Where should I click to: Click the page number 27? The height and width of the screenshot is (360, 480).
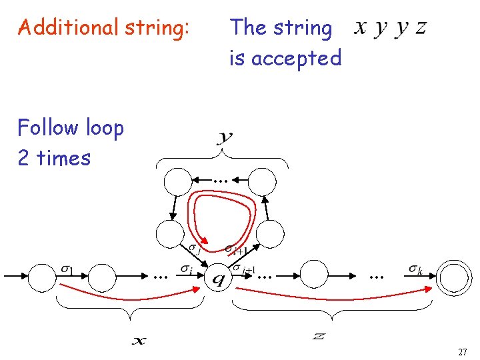(x=462, y=351)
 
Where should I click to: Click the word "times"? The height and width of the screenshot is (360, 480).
(x=64, y=158)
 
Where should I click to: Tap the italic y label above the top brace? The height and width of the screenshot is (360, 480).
(x=225, y=138)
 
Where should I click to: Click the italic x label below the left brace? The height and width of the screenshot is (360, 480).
(x=139, y=341)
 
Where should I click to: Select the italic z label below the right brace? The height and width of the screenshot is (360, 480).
(x=319, y=336)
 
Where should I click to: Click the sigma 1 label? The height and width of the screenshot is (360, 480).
(x=67, y=269)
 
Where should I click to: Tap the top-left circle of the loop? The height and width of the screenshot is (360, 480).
(x=177, y=180)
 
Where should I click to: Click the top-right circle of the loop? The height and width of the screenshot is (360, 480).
(x=263, y=180)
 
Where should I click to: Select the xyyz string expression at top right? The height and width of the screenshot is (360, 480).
(x=391, y=28)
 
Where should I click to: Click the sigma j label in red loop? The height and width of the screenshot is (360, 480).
(x=195, y=249)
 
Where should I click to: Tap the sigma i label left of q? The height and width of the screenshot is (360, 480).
(x=186, y=268)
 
